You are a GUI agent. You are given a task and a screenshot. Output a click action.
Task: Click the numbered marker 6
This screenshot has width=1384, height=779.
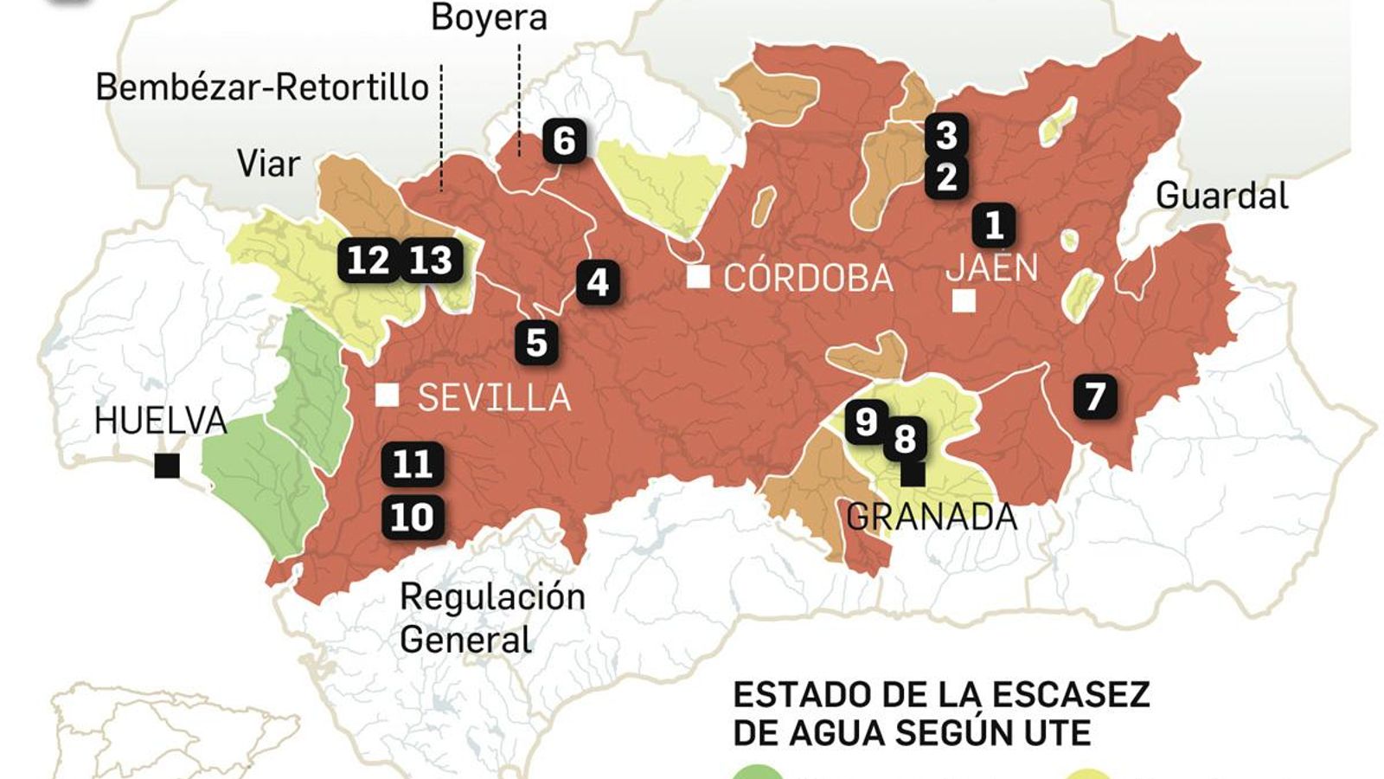pyautogui.click(x=564, y=140)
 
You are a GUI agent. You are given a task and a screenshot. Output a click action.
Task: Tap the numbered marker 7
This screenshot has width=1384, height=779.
pyautogui.click(x=1095, y=396)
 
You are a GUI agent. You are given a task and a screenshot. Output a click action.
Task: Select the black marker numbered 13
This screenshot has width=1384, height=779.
pyautogui.click(x=431, y=260)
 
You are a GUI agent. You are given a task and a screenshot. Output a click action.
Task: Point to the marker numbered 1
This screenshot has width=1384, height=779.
pyautogui.click(x=994, y=225)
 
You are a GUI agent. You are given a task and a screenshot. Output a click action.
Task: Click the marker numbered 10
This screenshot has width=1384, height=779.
pyautogui.click(x=413, y=518)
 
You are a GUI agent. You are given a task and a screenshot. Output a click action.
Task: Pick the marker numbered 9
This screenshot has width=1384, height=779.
pyautogui.click(x=865, y=422)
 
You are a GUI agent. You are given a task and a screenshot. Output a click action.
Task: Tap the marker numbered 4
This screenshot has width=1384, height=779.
pyautogui.click(x=598, y=282)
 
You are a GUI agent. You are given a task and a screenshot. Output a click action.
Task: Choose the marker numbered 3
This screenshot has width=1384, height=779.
pyautogui.click(x=946, y=135)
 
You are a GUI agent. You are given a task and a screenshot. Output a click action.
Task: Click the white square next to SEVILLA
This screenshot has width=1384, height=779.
pyautogui.click(x=387, y=396)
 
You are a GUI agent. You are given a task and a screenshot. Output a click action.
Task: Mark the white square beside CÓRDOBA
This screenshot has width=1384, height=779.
pyautogui.click(x=698, y=277)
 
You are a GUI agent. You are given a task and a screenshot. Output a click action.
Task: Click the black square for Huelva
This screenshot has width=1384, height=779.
pyautogui.click(x=167, y=467)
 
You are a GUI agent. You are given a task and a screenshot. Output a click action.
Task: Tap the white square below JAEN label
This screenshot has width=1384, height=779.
pyautogui.click(x=964, y=301)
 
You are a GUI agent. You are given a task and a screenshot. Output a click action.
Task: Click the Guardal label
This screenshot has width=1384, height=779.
pyautogui.click(x=1221, y=196)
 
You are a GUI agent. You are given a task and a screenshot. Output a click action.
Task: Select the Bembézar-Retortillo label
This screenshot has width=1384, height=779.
pyautogui.click(x=262, y=87)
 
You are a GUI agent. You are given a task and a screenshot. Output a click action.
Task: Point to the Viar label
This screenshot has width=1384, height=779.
pyautogui.click(x=268, y=164)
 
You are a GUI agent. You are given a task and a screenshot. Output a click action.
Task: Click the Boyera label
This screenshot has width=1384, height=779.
pyautogui.click(x=489, y=17)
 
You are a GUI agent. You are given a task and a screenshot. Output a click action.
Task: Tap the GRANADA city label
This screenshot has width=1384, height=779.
pyautogui.click(x=932, y=517)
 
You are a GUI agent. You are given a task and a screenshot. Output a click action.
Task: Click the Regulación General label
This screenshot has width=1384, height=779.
pyautogui.click(x=491, y=618)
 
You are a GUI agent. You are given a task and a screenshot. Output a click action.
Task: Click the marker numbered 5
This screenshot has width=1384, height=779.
pyautogui.click(x=536, y=343)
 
